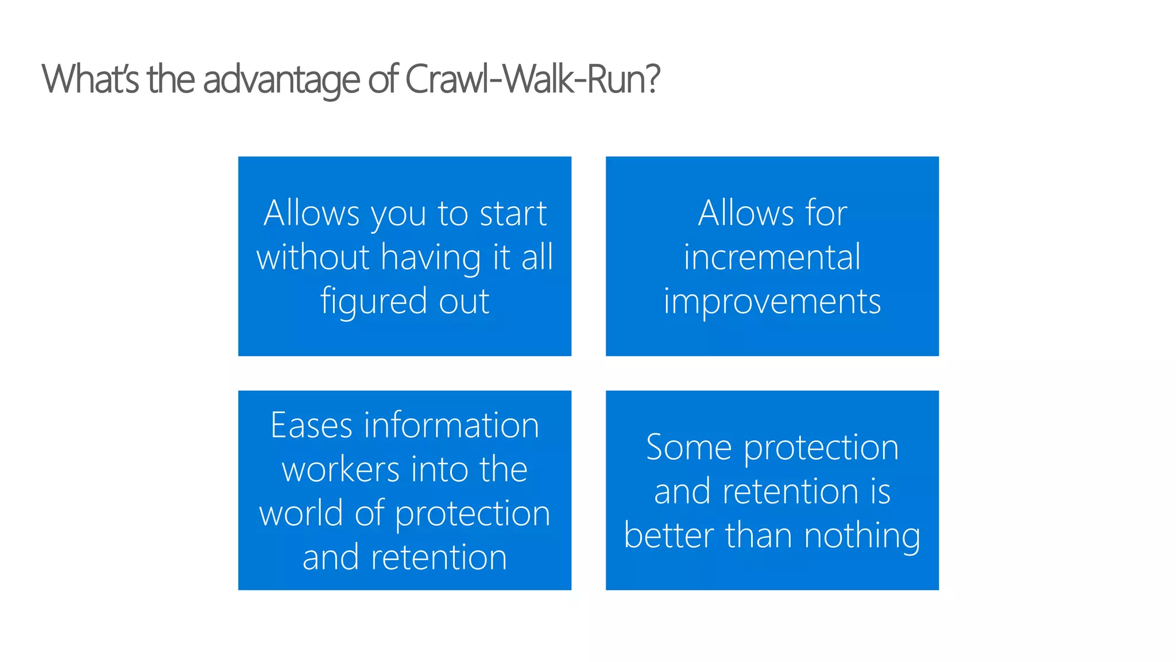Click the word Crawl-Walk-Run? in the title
pos(532,79)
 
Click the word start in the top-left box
pos(513,213)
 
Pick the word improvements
pos(772,301)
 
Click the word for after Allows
pos(826,213)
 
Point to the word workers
pos(341,469)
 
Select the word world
pos(301,513)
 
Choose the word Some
pos(688,448)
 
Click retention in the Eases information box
pos(439,557)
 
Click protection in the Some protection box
pos(821,448)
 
